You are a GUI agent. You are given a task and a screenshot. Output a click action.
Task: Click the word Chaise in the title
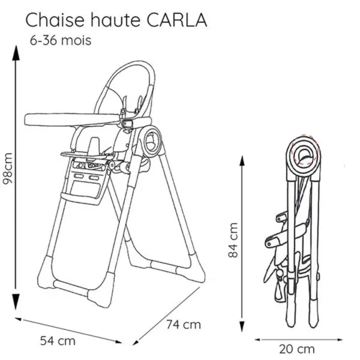[55, 20]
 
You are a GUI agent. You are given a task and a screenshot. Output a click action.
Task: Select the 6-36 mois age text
[61, 41]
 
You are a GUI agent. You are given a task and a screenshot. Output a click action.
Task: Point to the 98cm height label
[7, 172]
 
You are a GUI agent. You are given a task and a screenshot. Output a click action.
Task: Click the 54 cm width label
[58, 341]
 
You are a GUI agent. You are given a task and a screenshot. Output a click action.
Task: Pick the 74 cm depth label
[183, 325]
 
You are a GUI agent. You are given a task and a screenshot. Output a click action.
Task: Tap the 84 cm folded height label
[235, 240]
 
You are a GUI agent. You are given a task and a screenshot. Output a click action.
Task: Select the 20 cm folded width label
[296, 349]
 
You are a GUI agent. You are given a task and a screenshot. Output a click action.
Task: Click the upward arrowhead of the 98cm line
[17, 52]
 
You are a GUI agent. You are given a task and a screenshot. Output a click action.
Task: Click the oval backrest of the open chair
[131, 90]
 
